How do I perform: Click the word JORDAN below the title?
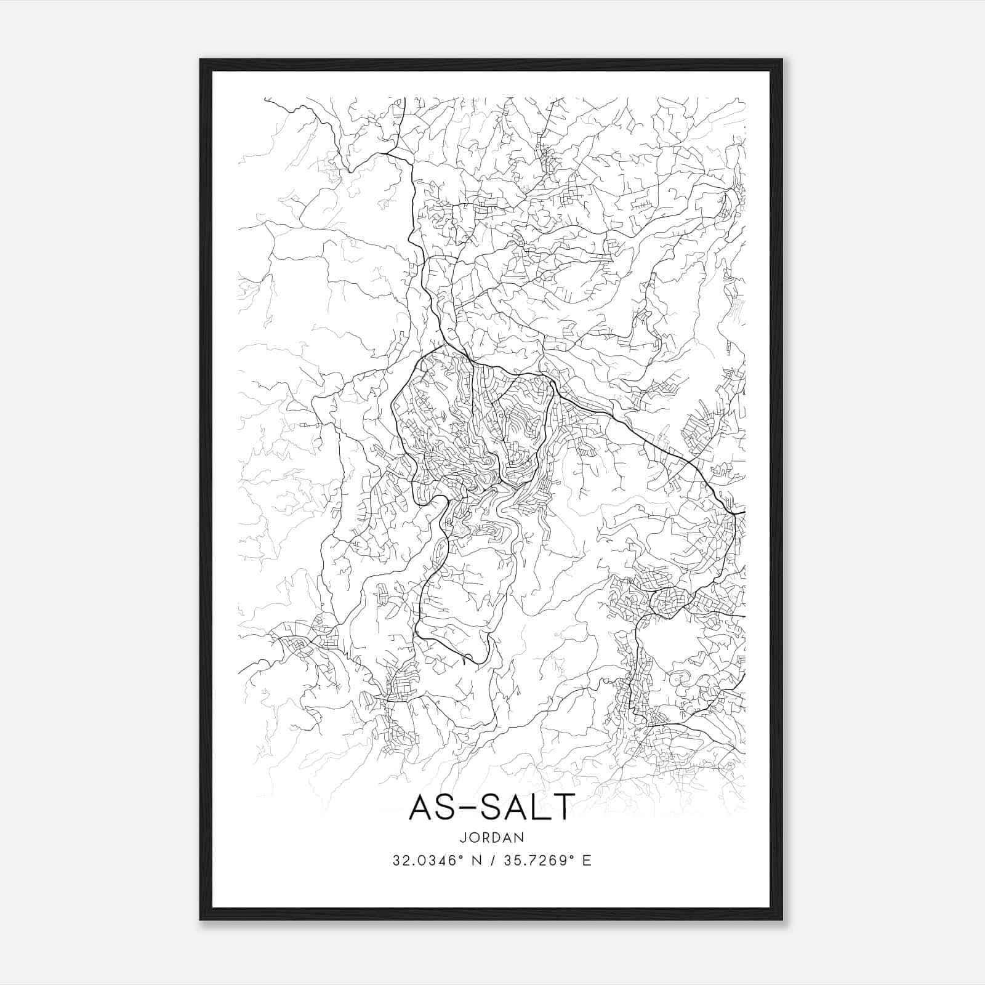pyautogui.click(x=491, y=837)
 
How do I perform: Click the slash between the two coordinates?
pyautogui.click(x=492, y=860)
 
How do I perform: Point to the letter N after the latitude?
pyautogui.click(x=475, y=860)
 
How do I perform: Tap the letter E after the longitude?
pyautogui.click(x=587, y=860)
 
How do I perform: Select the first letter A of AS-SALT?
pyautogui.click(x=422, y=806)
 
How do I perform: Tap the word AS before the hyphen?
pyautogui.click(x=438, y=806)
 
